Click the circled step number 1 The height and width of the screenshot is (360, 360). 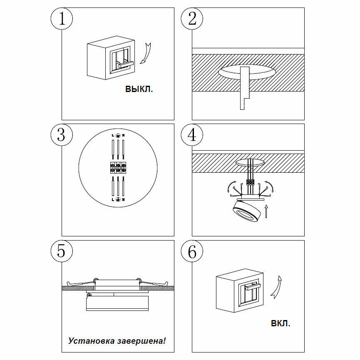tap(62, 19)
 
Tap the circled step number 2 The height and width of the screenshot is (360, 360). tap(192, 19)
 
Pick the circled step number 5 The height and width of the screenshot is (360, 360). tap(62, 251)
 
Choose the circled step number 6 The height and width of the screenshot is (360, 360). tap(192, 251)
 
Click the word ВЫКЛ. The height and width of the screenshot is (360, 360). tap(139, 89)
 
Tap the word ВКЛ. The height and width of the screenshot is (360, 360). tap(281, 323)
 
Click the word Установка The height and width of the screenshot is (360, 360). tap(91, 341)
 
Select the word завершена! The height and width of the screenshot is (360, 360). tap(141, 341)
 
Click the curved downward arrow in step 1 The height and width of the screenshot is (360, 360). tap(145, 53)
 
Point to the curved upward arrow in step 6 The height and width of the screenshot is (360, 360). tap(276, 287)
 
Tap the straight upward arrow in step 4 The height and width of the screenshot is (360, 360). tap(265, 211)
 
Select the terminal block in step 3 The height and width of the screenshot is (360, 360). tap(118, 168)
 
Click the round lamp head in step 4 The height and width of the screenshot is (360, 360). tap(247, 211)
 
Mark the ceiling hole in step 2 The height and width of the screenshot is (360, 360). tap(246, 72)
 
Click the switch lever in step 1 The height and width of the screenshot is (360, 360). tap(125, 64)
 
